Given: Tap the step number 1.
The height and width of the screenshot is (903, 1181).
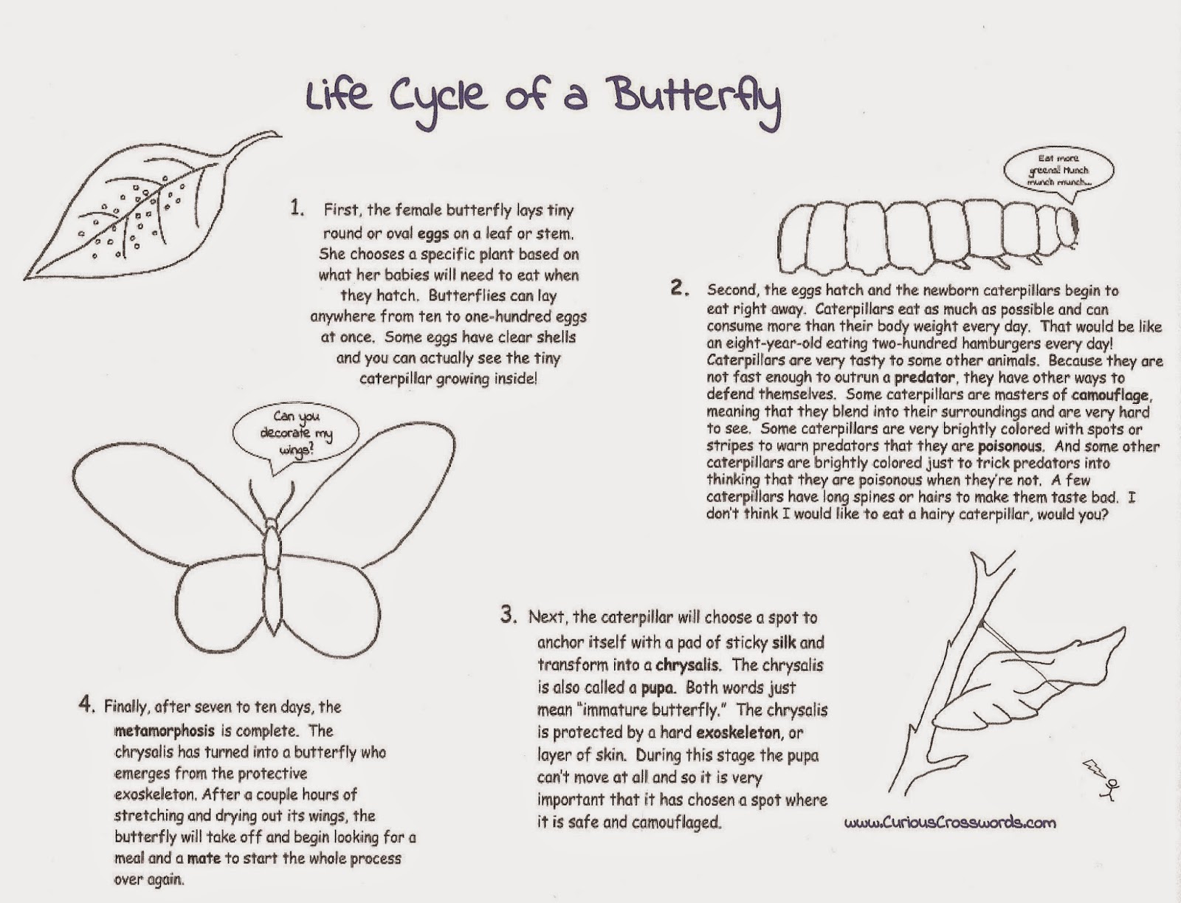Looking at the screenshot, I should click(x=296, y=208).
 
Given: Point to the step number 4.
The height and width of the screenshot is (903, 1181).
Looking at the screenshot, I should click(x=86, y=704).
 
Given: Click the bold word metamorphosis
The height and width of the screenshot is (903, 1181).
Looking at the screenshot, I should click(x=165, y=731).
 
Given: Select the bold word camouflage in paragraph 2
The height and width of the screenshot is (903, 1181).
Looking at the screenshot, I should click(x=1109, y=395).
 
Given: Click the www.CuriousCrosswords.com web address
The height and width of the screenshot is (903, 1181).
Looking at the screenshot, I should click(x=950, y=823).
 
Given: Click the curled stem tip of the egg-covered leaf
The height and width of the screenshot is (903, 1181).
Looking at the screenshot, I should click(x=262, y=138).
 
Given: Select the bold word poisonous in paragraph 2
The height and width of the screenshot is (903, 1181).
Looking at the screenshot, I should click(x=1010, y=447).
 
